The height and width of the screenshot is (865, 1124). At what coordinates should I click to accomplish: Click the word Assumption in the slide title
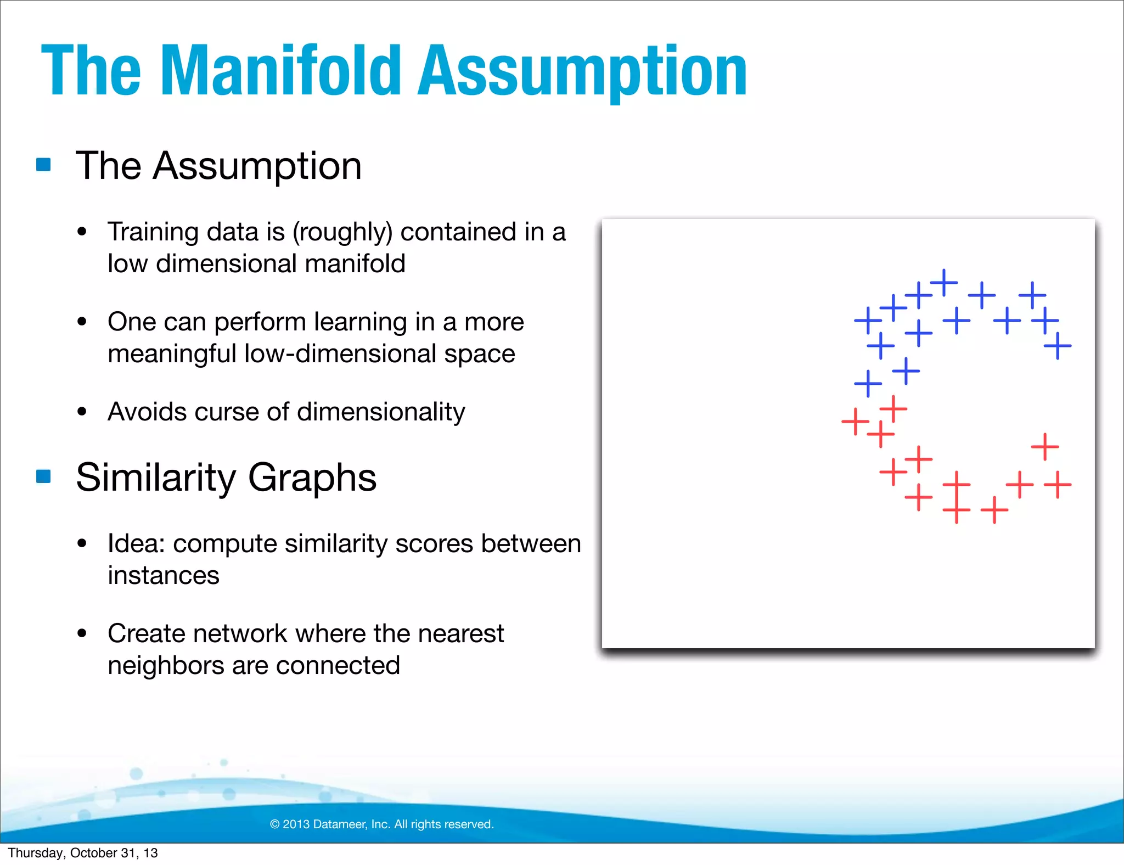pos(582,71)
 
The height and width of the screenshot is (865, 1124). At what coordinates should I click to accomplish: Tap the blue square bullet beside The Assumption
pos(43,165)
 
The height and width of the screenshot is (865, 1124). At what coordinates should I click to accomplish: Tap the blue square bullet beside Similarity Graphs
pos(43,476)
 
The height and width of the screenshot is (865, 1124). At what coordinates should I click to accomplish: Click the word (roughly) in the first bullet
pos(342,232)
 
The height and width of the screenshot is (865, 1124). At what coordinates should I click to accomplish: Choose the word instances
pos(164,575)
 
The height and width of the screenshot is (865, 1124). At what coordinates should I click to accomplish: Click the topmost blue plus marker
pos(944,283)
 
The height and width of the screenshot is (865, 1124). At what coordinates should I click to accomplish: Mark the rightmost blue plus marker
pos(1058,346)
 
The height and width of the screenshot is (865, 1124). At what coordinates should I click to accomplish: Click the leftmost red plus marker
pos(855,422)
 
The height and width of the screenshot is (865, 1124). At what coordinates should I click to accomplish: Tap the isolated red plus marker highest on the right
pos(1045,446)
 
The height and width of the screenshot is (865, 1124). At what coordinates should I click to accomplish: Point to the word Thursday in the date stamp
pos(35,853)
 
